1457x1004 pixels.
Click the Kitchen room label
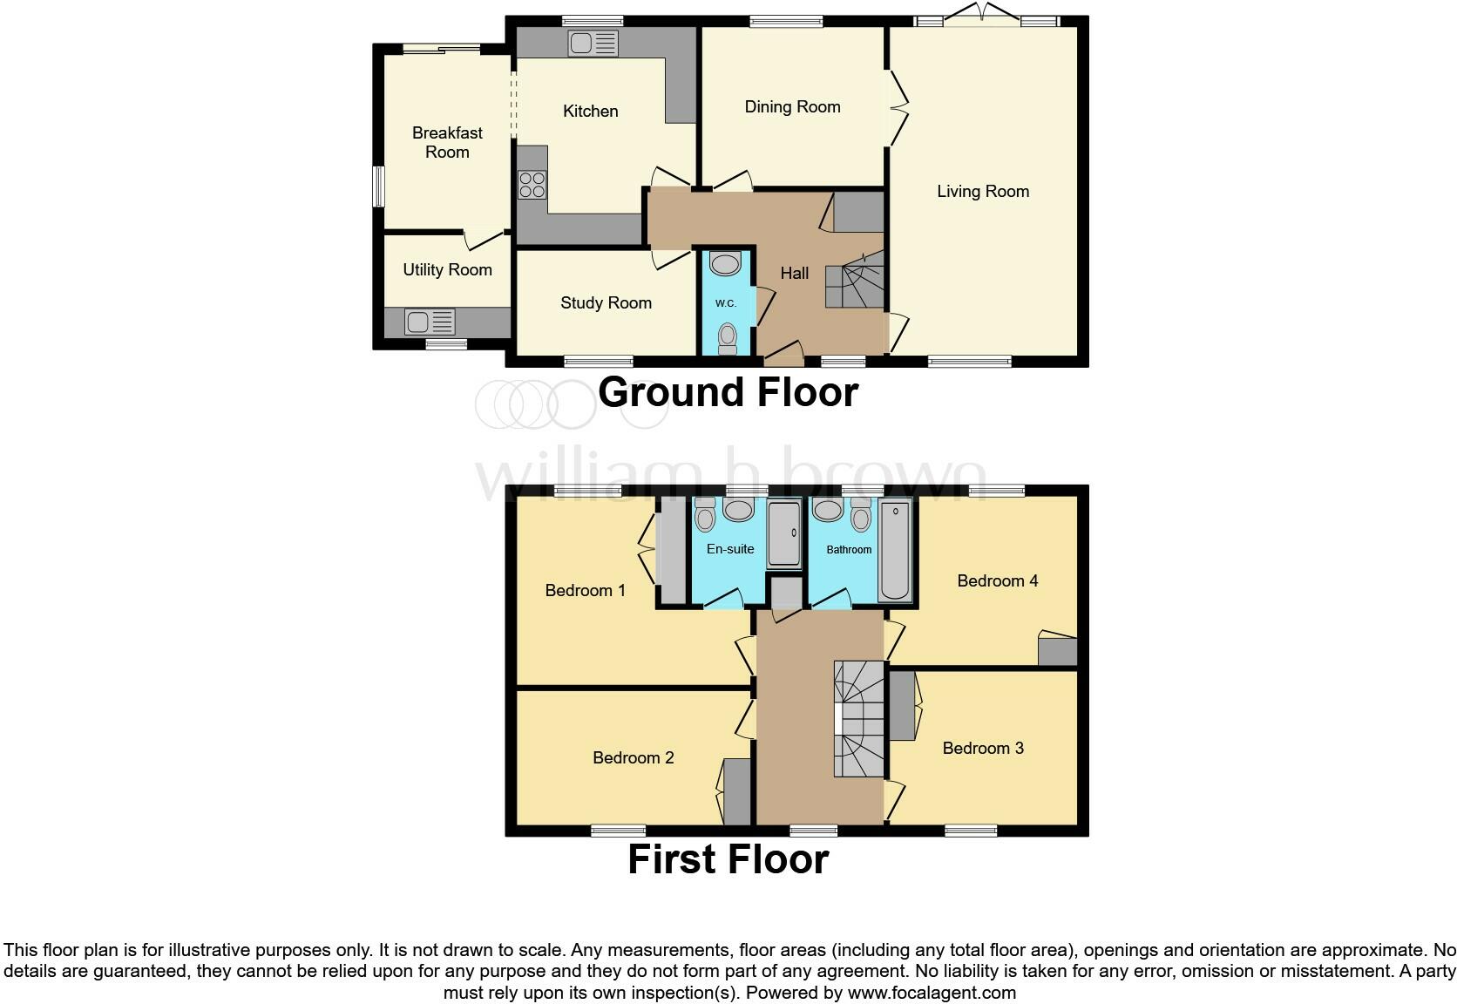590,111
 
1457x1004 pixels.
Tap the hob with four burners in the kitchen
532,185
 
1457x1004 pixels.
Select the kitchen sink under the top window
593,43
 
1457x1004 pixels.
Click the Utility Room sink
430,322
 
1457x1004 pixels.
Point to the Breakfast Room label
447,142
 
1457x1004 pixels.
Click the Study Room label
606,302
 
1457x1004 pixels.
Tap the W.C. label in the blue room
726,303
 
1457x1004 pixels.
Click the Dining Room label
792,106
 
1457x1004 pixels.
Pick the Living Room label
983,191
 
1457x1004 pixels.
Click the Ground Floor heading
728,392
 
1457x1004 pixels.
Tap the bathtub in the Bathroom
895,551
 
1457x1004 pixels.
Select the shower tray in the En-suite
784,534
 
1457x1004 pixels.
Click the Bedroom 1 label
585,590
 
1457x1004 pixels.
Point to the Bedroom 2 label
633,757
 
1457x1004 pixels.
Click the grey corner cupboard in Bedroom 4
1057,651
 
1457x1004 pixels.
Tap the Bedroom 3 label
983,748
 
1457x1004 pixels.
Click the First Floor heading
728,859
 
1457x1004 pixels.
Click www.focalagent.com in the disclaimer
932,992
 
